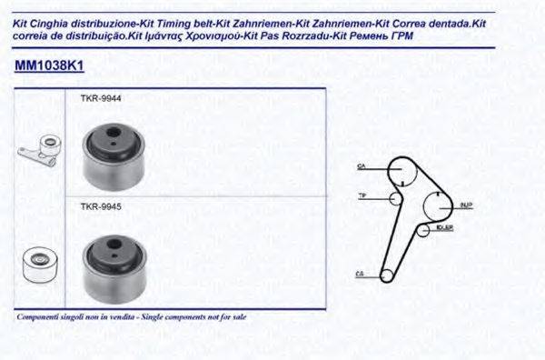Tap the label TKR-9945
pyautogui.click(x=102, y=207)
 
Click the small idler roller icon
pyautogui.click(x=38, y=264)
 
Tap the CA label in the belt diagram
pyautogui.click(x=361, y=167)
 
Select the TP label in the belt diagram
pyautogui.click(x=361, y=196)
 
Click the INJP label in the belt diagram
pyautogui.click(x=466, y=205)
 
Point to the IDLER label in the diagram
pyautogui.click(x=444, y=227)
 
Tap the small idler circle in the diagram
pyautogui.click(x=422, y=230)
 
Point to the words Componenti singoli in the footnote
pyautogui.click(x=46, y=317)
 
